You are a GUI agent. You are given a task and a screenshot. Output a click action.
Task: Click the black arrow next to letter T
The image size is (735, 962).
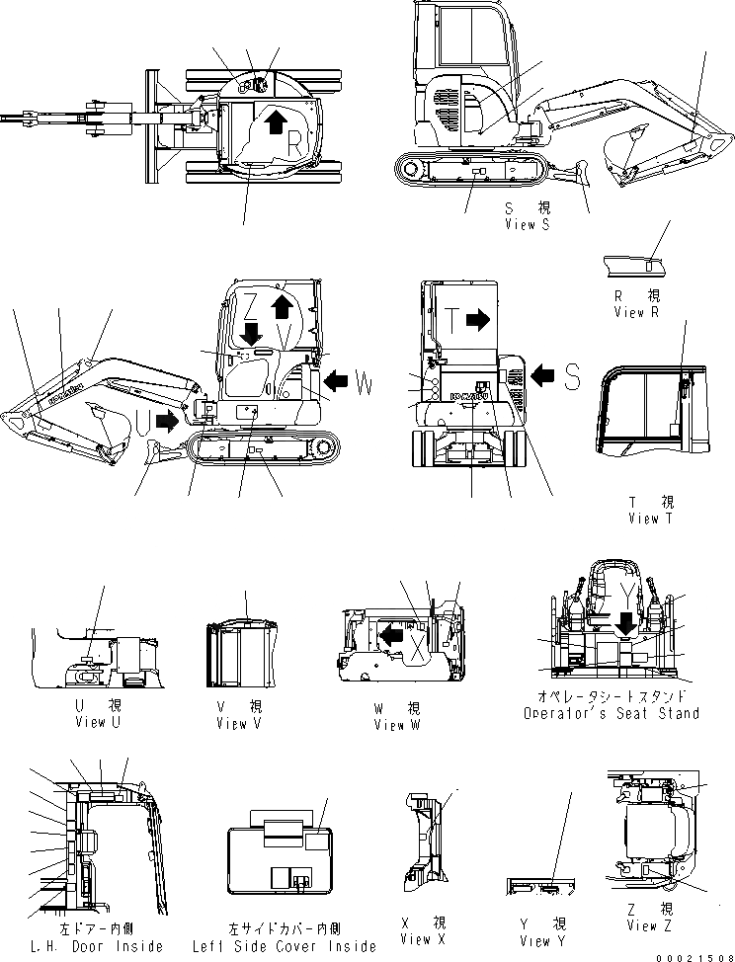[x=478, y=318]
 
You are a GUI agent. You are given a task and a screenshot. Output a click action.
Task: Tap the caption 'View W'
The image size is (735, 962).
[x=397, y=725]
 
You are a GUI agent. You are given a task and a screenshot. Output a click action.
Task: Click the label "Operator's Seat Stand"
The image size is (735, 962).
[x=612, y=713]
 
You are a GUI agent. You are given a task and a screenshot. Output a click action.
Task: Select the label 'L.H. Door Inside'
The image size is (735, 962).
[x=97, y=946]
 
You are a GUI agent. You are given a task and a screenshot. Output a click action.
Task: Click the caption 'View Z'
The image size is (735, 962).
[x=651, y=925]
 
